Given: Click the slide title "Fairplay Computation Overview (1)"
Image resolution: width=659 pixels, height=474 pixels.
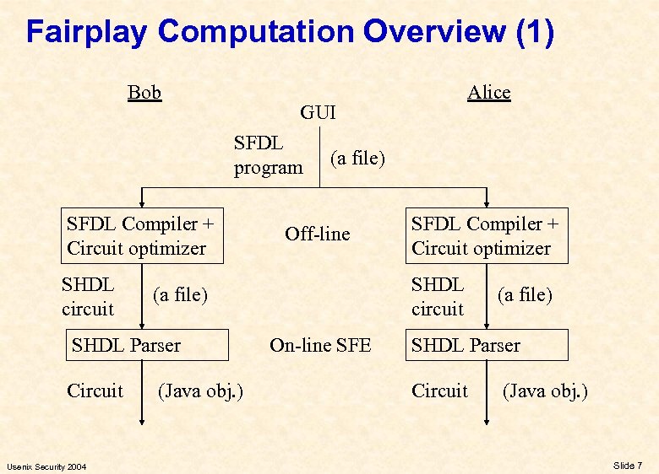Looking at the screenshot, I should coord(290,32).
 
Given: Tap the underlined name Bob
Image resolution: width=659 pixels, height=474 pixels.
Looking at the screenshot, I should coord(144,92).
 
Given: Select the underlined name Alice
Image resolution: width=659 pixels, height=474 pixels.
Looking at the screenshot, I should coord(489,92).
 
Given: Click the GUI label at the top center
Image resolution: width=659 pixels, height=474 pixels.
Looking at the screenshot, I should coord(318,111).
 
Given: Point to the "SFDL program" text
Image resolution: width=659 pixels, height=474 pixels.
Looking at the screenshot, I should coord(268,155).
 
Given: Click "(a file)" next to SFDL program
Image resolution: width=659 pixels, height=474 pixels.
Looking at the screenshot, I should coord(357,158).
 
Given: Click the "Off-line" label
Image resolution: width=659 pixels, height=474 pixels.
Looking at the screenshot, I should coord(317,234).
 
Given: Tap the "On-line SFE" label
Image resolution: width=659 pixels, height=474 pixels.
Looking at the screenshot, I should coord(320,345).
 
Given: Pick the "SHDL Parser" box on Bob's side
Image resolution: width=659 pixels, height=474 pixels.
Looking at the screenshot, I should coord(144,345).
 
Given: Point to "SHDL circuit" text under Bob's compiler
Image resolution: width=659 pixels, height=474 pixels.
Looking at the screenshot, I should coord(88,297).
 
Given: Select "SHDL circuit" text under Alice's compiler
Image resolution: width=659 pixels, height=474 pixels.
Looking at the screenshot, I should coord(438,297).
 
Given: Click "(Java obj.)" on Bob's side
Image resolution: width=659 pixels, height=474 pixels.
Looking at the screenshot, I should coord(201,391).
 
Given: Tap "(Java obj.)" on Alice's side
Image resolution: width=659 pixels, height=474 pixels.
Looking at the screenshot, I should coord(545,391).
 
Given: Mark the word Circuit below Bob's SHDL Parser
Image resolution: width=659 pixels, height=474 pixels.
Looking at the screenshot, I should coord(95,391).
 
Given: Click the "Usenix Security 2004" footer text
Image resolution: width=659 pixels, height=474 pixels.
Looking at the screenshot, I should coord(46,466).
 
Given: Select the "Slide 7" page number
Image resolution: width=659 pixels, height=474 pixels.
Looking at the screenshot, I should coord(628,466).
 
